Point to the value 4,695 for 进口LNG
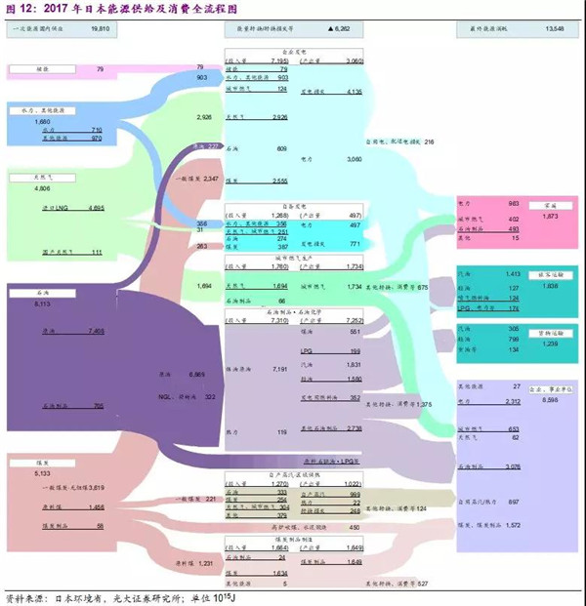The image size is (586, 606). coord(96,208)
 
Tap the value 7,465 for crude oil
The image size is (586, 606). coord(96,331)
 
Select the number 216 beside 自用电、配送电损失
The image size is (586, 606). coord(428,142)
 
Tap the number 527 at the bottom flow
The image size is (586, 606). coord(422,584)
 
